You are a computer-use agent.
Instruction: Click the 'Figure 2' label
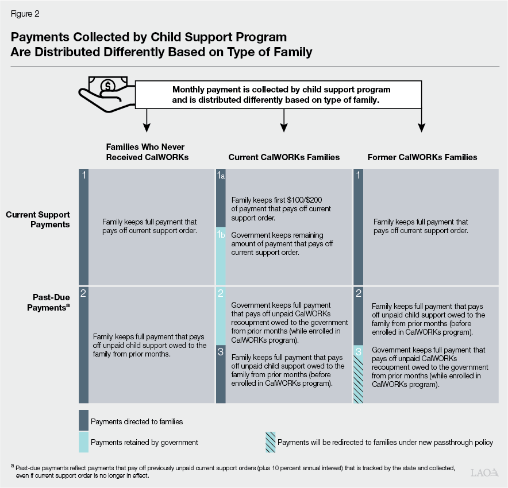[x=25, y=13]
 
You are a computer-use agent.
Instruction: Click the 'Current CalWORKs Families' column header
[x=284, y=157]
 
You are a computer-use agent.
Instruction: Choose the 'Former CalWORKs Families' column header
[x=422, y=157]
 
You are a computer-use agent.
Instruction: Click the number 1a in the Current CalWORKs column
[x=220, y=176]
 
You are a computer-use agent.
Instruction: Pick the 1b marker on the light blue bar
[x=220, y=234]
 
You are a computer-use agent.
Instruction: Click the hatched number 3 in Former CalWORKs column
[x=357, y=352]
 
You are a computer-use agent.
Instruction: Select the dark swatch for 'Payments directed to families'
[x=83, y=420]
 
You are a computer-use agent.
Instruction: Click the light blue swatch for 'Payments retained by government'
[x=83, y=442]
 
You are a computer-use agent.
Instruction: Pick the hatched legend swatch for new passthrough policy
[x=270, y=442]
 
